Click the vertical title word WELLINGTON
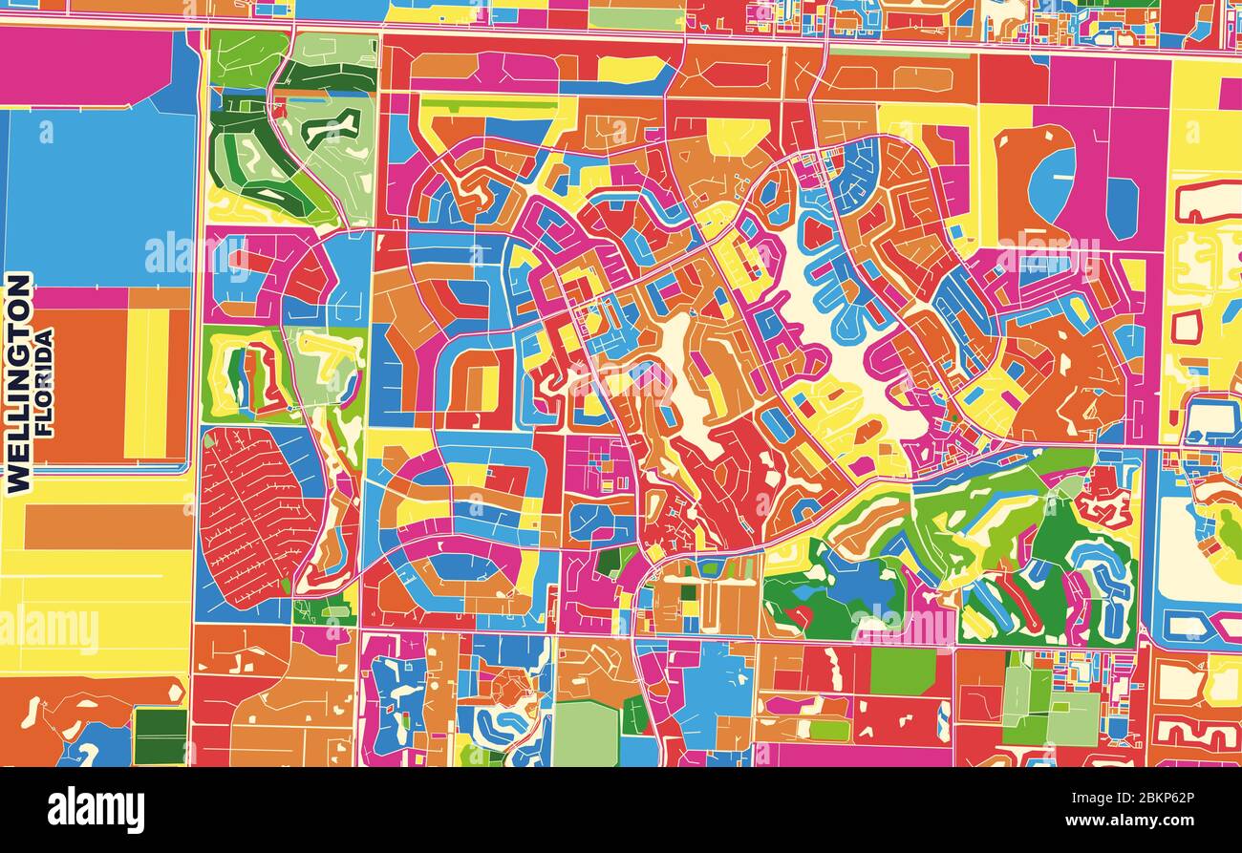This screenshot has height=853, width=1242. pyautogui.click(x=18, y=382)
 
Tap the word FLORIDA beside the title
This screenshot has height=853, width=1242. pyautogui.click(x=44, y=382)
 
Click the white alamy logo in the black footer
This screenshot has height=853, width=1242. pyautogui.click(x=96, y=810)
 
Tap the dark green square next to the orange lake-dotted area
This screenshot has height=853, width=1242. pyautogui.click(x=160, y=736)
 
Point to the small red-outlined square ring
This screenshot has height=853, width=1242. pyautogui.click(x=1186, y=327)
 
